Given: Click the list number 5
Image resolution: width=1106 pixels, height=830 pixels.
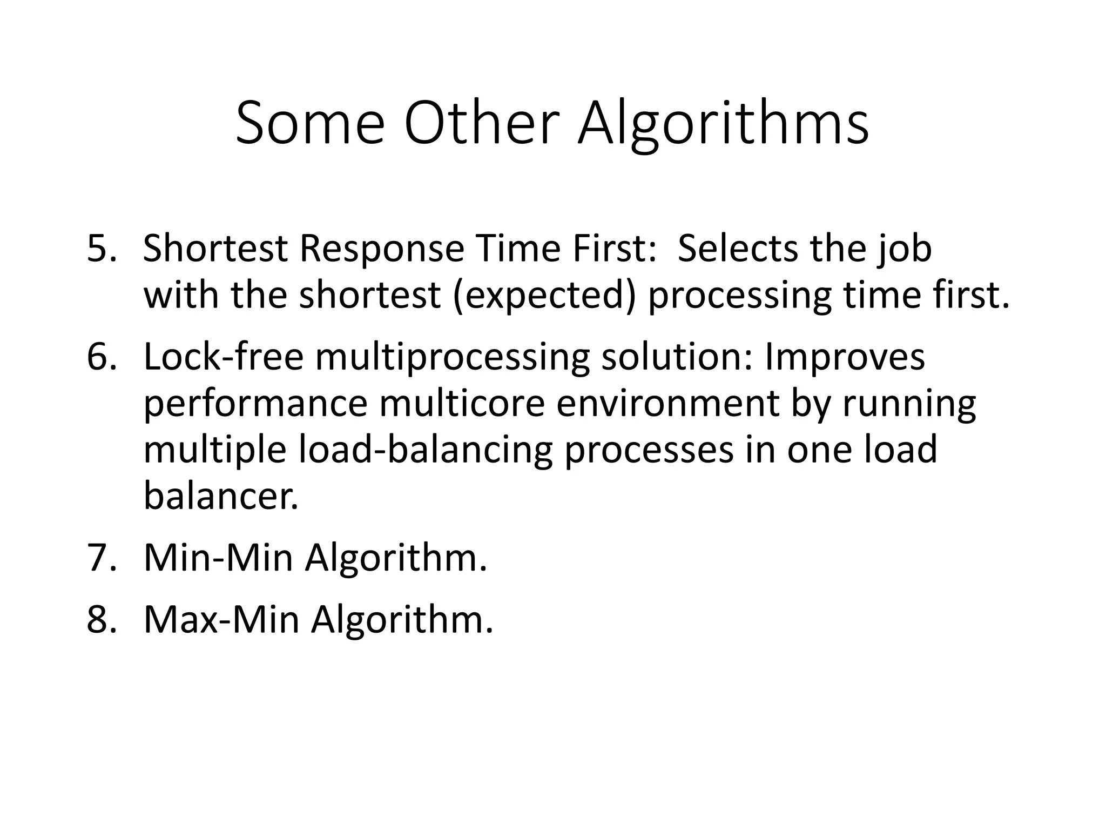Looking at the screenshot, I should pos(101,249).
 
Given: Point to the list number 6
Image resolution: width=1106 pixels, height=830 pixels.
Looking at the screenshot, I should pos(101,357).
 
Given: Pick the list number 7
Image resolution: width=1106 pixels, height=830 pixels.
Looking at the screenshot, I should pos(101,558).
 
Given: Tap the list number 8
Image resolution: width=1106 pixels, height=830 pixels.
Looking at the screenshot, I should pos(101,620).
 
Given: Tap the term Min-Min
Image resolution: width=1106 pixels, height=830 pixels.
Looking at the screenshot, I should pos(218,558).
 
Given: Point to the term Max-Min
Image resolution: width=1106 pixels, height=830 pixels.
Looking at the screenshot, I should pos(221,620).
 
